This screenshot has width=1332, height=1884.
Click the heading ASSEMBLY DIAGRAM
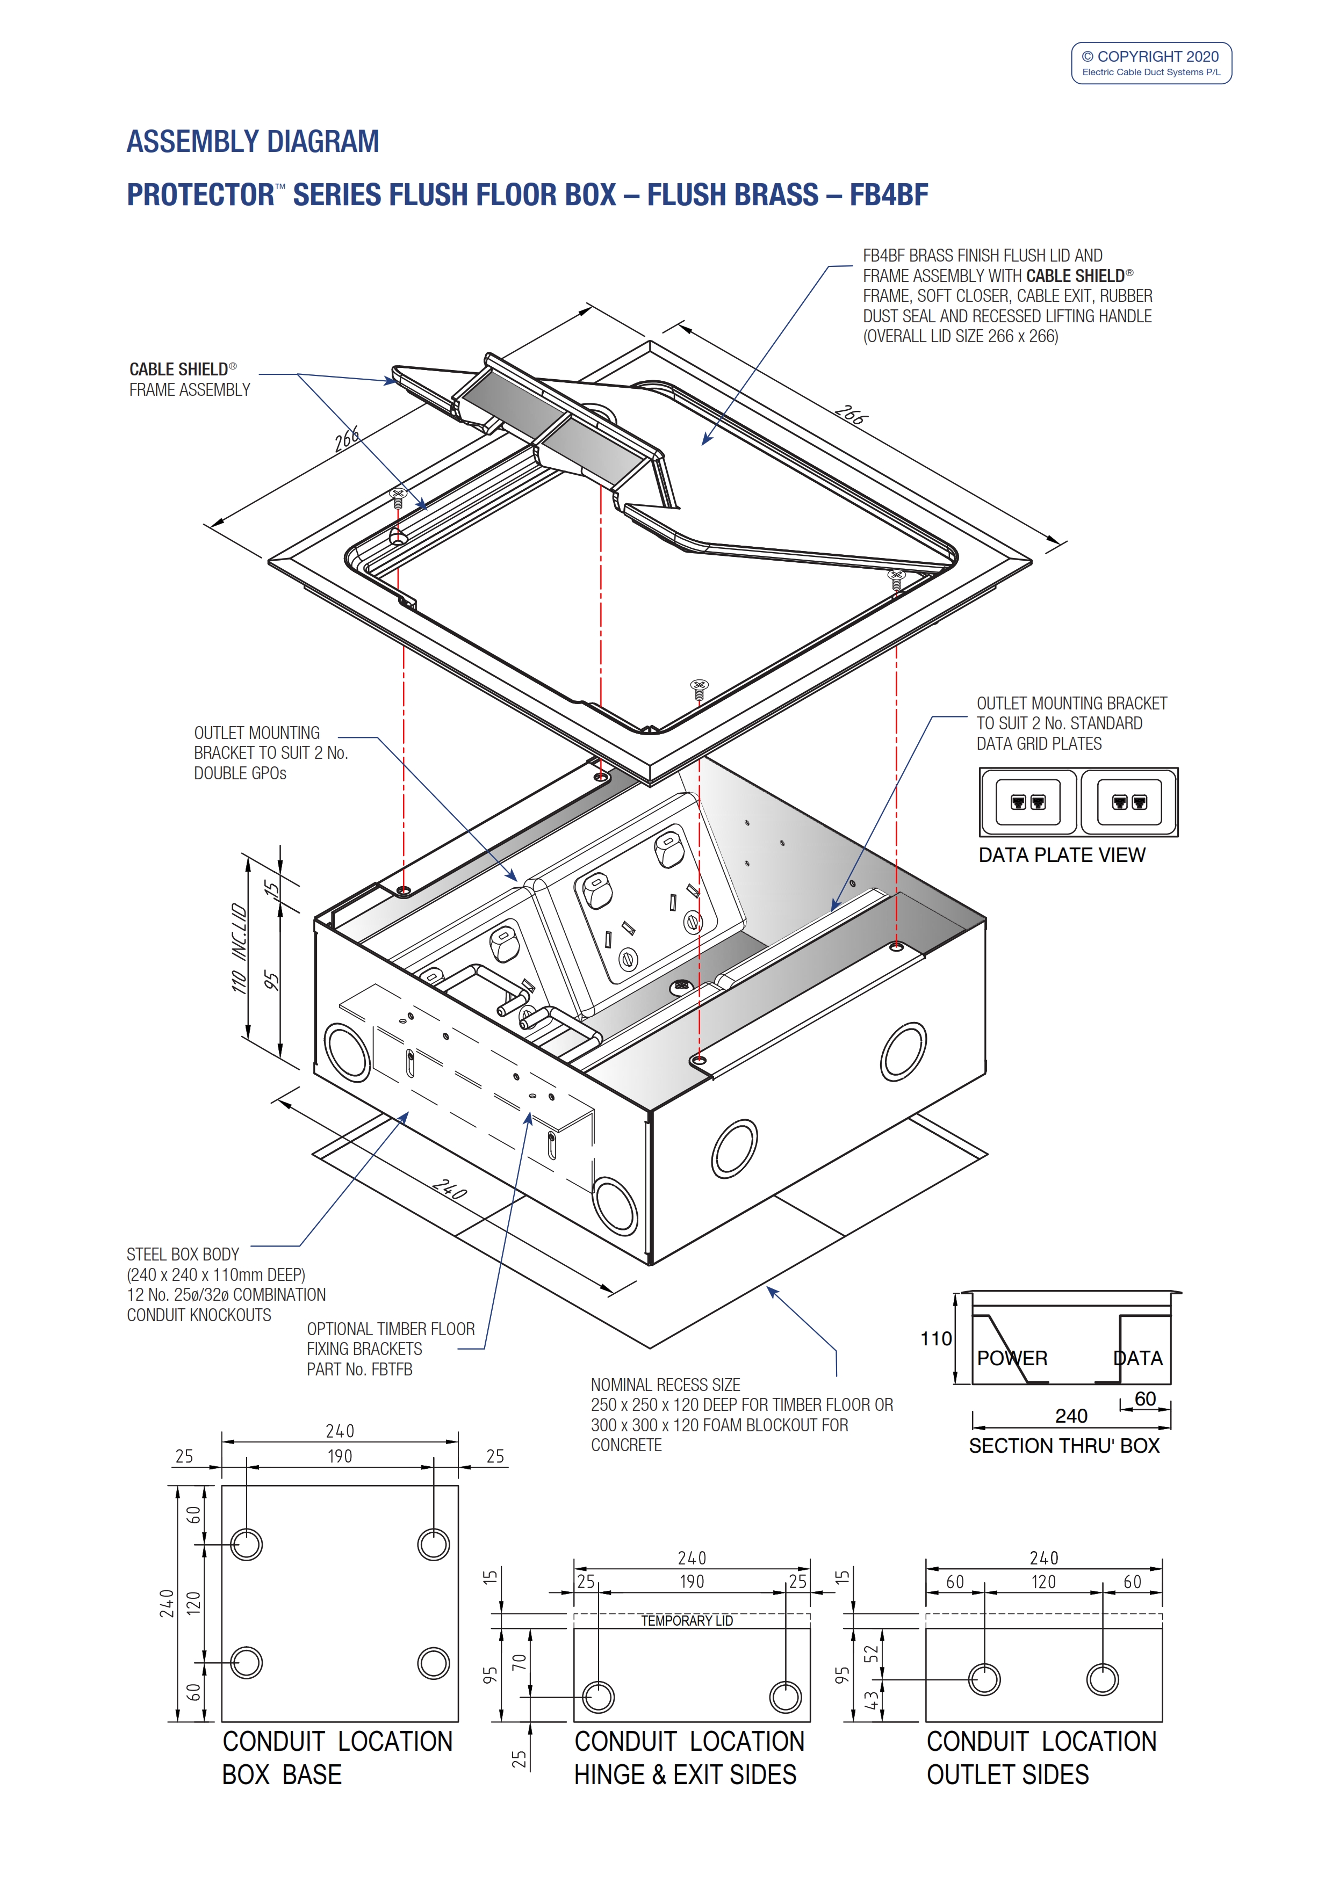point(252,142)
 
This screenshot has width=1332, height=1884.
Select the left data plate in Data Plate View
point(1027,802)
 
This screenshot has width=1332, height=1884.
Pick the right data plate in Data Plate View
point(1128,802)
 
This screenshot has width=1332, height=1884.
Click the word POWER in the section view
point(1011,1358)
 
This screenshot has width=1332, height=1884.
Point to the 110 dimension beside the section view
point(935,1338)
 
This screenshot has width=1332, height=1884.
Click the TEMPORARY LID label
point(687,1621)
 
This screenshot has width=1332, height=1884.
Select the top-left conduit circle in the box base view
point(246,1544)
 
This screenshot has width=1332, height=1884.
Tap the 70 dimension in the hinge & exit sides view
point(519,1662)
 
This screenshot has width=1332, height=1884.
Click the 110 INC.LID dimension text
point(239,948)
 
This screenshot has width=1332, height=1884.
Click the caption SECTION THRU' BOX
point(1064,1446)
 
